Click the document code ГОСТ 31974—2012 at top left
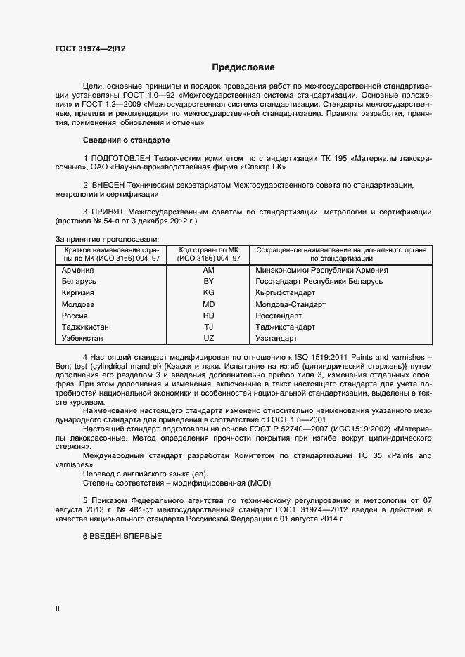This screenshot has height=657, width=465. [90, 48]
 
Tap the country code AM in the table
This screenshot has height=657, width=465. [208, 270]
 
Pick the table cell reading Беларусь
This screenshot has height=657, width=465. [81, 281]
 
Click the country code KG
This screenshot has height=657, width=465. [208, 293]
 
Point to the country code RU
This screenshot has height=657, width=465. [208, 316]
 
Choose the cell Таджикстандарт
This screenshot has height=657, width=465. [286, 327]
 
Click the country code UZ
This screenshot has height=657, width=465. [208, 339]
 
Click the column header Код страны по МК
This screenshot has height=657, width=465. [209, 250]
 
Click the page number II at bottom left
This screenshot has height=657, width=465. [58, 609]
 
